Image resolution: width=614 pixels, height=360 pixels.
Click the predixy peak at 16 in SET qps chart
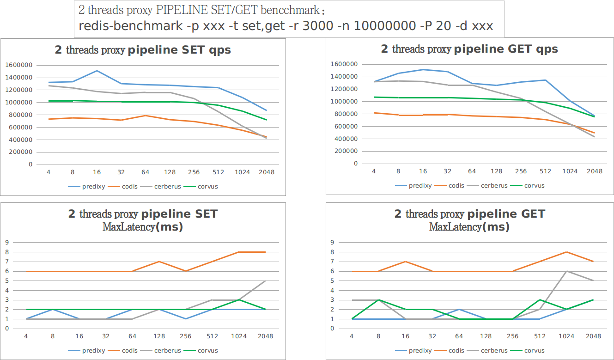coord(97,71)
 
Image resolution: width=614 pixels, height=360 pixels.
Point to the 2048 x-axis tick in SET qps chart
coord(266,172)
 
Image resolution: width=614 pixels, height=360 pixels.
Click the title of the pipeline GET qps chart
coord(469,49)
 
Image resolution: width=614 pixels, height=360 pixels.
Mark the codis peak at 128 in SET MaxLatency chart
coord(159,262)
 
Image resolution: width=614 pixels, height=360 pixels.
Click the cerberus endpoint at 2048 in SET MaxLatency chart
coord(265,281)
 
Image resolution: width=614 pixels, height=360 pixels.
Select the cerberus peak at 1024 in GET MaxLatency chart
coord(567,271)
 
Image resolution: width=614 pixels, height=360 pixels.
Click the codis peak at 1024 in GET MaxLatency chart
coord(567,252)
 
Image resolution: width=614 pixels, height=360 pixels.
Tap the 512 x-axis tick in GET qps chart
coord(545,171)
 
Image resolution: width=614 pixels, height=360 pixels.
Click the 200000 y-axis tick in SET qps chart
coord(19,152)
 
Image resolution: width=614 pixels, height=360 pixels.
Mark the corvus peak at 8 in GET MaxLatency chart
coord(378,300)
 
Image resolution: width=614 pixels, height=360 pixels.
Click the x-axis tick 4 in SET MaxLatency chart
coord(26,337)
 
